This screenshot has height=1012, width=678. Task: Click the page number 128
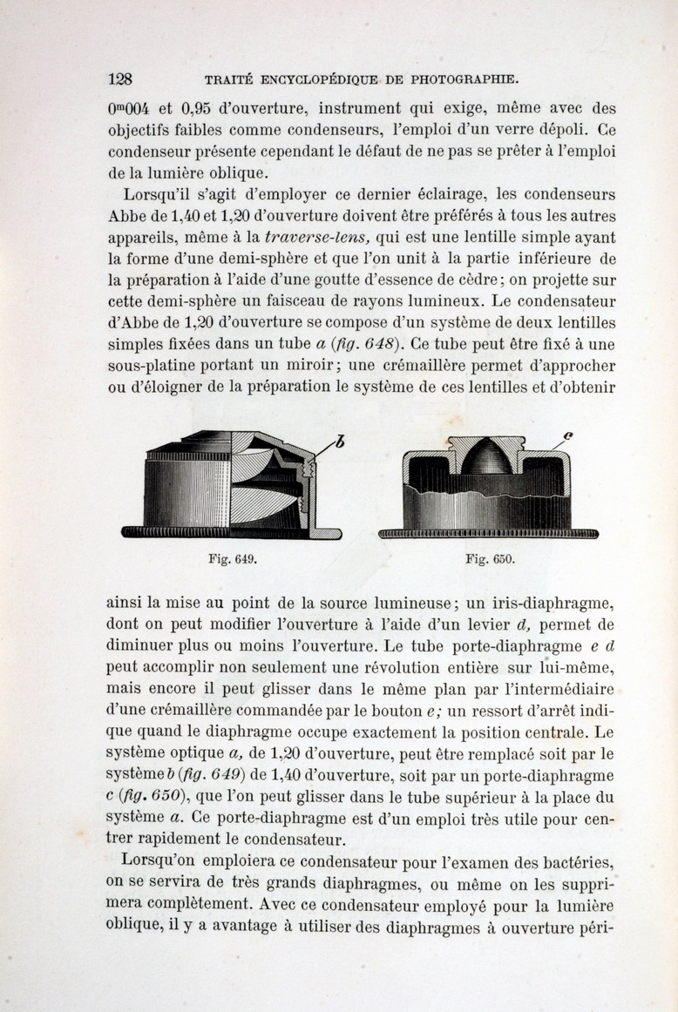click(119, 78)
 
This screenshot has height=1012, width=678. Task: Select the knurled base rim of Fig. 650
click(490, 532)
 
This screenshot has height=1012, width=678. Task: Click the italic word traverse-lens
click(315, 236)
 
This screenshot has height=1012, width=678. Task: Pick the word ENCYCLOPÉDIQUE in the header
click(315, 79)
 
